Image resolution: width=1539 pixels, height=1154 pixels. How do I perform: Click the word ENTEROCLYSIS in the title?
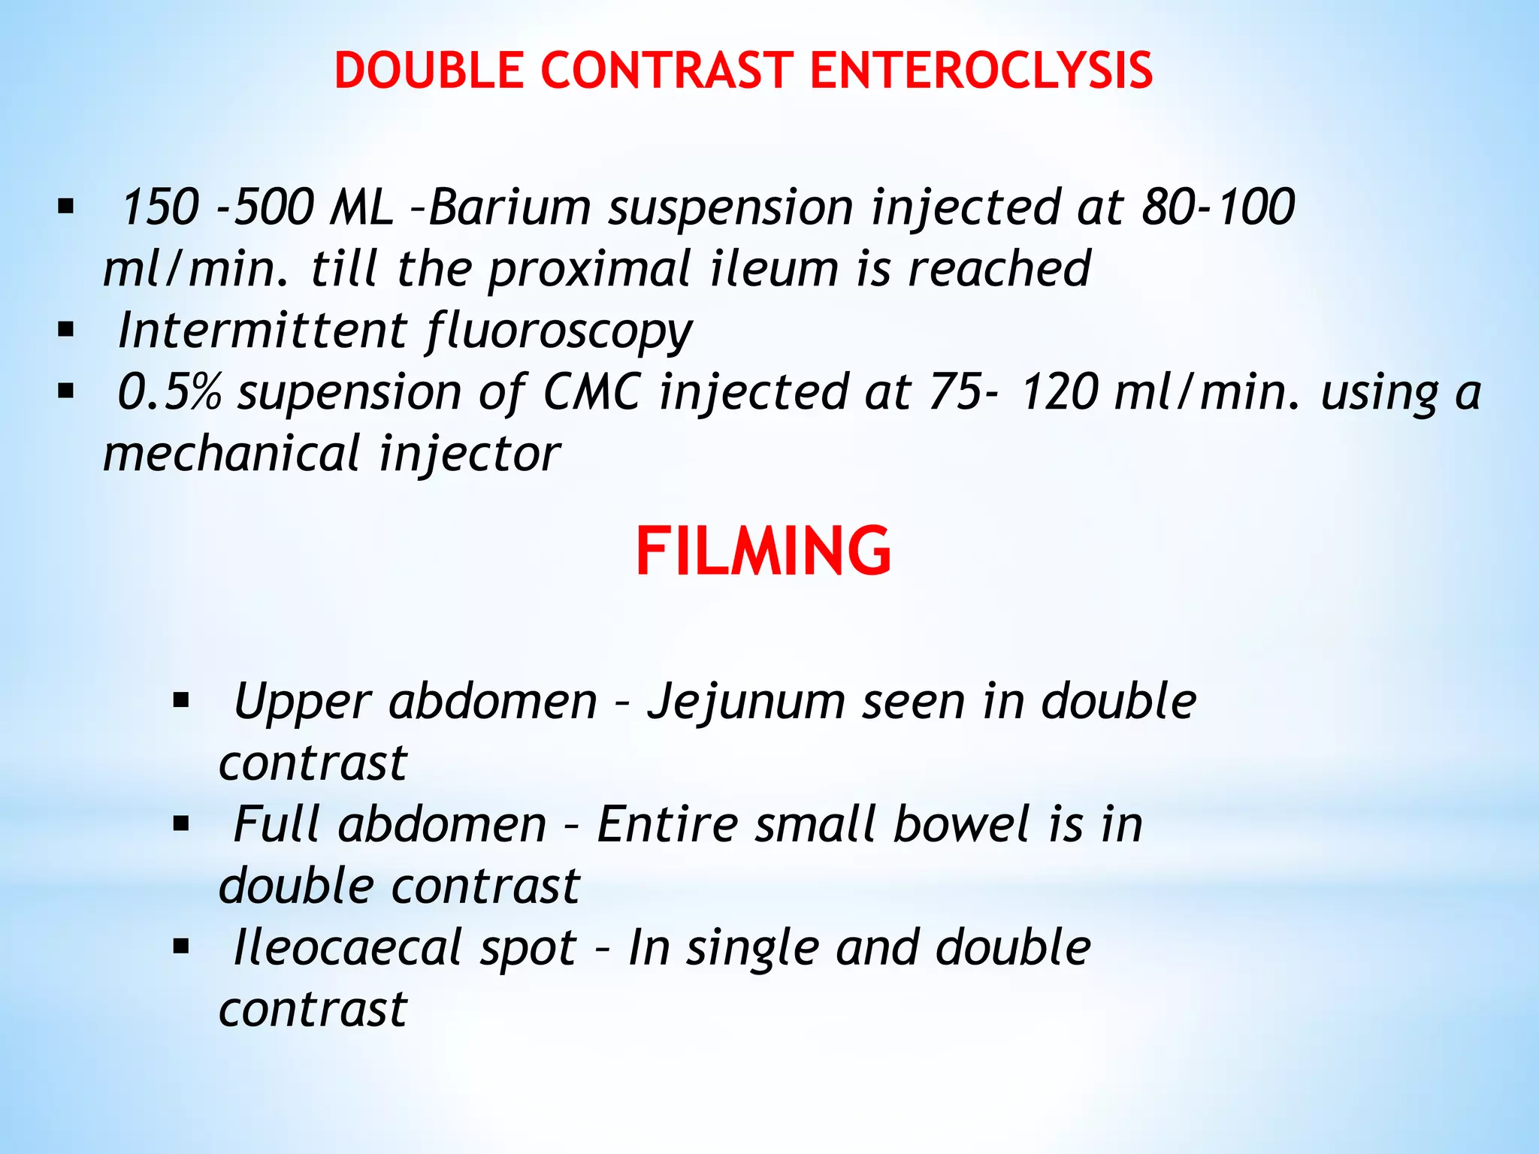(x=981, y=71)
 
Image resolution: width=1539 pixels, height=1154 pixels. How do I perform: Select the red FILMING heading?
(x=763, y=551)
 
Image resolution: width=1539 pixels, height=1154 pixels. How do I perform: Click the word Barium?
(x=510, y=207)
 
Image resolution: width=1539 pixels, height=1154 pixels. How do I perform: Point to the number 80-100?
(x=1218, y=207)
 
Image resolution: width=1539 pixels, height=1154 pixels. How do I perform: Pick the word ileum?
(x=773, y=269)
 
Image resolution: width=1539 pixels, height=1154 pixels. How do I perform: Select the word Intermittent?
(x=263, y=331)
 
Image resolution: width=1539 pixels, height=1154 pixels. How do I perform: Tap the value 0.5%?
(x=169, y=392)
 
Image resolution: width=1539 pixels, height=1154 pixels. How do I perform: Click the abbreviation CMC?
(x=592, y=392)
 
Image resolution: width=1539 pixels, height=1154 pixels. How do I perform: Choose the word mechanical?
(x=232, y=454)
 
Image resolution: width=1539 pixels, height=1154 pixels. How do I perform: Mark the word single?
(x=752, y=948)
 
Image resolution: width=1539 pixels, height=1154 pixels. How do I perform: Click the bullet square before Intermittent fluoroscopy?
(x=66, y=329)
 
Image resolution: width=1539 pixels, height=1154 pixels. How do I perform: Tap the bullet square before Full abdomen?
(x=181, y=824)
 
